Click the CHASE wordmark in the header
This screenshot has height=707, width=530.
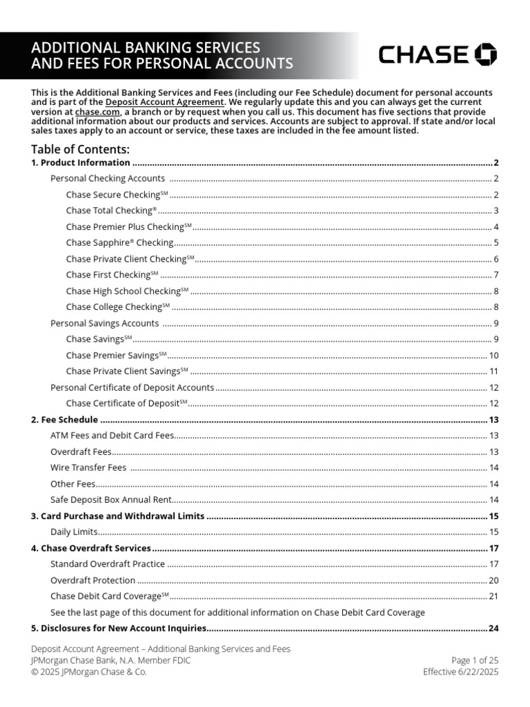423,55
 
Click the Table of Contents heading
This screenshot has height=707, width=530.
80,149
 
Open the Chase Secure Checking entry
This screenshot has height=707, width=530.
117,195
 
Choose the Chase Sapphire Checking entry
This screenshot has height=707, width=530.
119,242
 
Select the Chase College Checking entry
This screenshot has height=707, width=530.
118,307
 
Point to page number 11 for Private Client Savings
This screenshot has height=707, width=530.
493,371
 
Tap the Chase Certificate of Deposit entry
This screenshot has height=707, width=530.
127,403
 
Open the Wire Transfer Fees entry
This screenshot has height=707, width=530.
88,467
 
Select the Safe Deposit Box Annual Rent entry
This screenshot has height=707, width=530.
110,500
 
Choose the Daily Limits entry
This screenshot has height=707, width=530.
75,532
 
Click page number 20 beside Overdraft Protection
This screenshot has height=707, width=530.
493,580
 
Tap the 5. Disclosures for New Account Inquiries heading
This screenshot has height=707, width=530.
119,628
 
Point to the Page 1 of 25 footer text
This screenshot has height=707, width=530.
474,660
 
